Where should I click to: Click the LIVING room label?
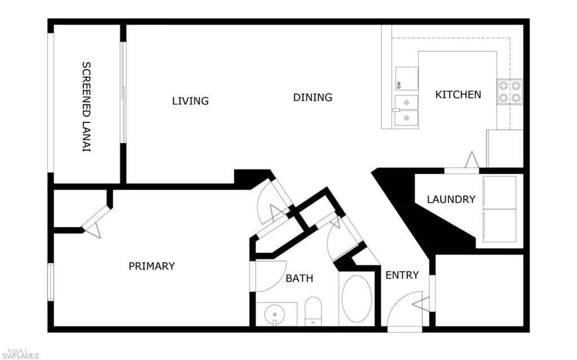(x=190, y=100)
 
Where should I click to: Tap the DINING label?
(x=313, y=97)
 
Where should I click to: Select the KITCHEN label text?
(x=458, y=95)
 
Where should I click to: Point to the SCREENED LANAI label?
(x=86, y=107)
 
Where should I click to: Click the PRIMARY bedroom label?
(x=152, y=266)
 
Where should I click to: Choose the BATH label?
(x=299, y=278)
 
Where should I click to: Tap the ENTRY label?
(x=402, y=275)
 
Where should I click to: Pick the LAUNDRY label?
(x=451, y=199)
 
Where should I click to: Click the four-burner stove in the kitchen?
(x=510, y=91)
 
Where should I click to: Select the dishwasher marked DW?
(x=407, y=78)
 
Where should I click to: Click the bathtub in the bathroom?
(x=356, y=298)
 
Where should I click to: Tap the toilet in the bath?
(x=313, y=311)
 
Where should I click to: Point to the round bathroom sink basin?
(x=275, y=314)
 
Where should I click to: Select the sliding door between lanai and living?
(x=124, y=92)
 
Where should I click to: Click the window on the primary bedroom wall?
(x=51, y=282)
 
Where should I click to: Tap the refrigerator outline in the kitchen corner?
(x=505, y=148)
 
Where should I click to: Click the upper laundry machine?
(x=499, y=192)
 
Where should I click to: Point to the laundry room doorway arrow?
(x=472, y=160)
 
